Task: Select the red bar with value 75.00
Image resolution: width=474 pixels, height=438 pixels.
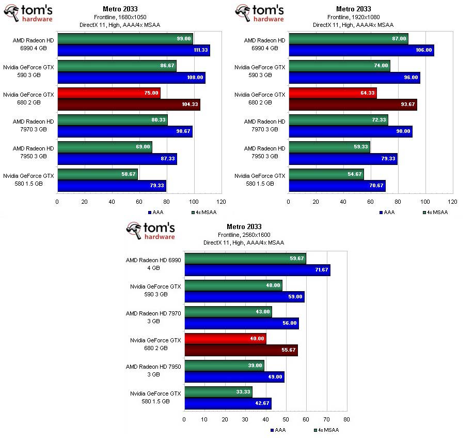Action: pos(108,93)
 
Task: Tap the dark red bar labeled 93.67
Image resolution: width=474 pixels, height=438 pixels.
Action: pos(353,105)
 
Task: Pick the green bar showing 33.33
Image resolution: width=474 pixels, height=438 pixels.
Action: pos(218,392)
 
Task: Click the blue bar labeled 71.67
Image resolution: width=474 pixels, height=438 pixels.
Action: pos(257,270)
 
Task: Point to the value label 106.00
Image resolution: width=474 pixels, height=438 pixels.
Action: pos(423,51)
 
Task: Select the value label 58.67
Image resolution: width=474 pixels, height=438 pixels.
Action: pos(129,175)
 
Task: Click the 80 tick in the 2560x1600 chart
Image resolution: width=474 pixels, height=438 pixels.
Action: pos(346,419)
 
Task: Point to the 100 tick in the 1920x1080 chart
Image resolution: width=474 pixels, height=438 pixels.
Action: pos(425,202)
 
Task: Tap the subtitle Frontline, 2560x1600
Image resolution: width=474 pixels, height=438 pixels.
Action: pos(244,235)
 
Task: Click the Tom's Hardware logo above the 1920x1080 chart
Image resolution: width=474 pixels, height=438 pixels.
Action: pos(259,13)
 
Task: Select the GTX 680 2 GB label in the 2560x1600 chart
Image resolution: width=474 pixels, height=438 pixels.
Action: pos(155,344)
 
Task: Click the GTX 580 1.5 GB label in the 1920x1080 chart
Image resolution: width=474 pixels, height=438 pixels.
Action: pos(260,179)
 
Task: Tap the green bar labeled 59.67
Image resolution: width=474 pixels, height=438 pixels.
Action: pos(245,259)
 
